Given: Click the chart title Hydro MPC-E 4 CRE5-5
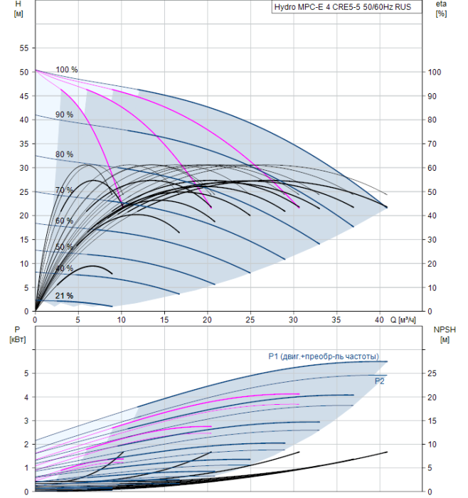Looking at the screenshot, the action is [317, 7].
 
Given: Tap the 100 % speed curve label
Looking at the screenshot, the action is [67, 70].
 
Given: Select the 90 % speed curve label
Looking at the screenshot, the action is [65, 115].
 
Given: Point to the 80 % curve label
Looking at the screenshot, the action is [65, 154].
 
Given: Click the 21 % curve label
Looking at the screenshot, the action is [65, 296].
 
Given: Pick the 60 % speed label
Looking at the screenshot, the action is [65, 221].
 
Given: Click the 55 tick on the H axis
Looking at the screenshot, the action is [23, 48].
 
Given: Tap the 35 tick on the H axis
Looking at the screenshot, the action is [23, 144].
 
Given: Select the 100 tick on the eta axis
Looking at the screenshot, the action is [435, 72].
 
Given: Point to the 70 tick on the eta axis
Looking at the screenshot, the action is [432, 144].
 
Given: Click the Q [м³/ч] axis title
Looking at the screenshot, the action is [403, 320].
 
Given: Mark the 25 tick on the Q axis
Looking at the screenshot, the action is [250, 320].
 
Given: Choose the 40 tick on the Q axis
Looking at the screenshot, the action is [379, 320].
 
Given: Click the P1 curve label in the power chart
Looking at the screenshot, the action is [324, 356].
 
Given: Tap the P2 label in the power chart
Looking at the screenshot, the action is [379, 381].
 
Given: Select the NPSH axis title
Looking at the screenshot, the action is [445, 334].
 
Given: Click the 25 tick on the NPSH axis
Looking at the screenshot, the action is [432, 373].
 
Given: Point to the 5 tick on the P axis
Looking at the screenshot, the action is [26, 373].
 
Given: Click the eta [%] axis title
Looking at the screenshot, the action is [441, 9].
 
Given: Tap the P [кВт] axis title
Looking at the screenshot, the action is [18, 334].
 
